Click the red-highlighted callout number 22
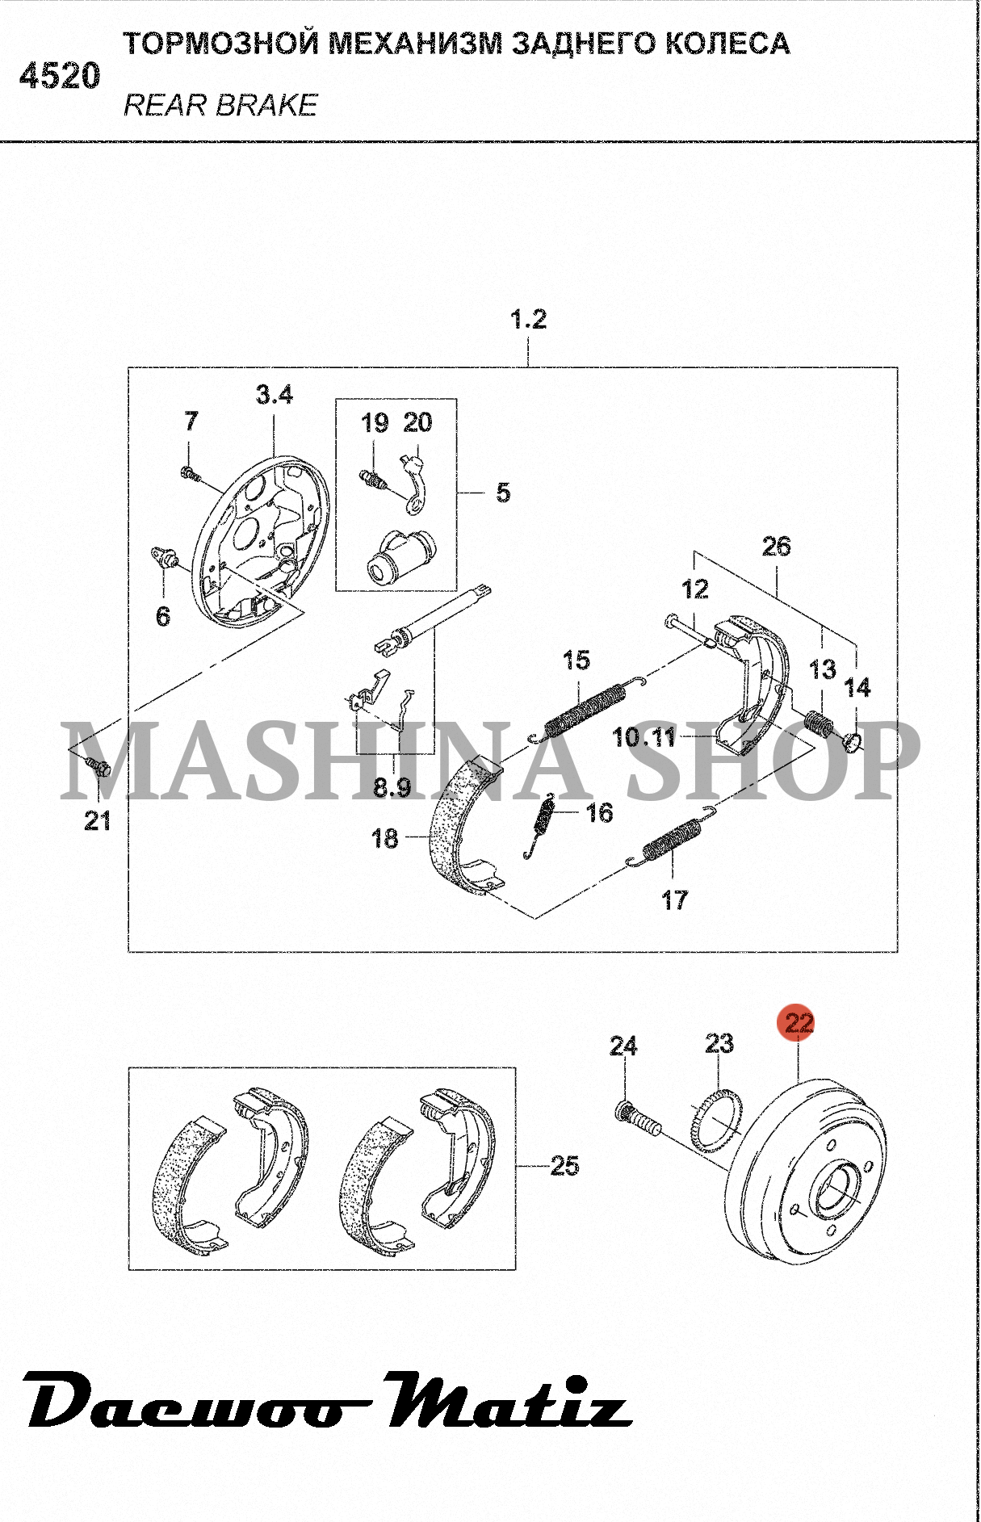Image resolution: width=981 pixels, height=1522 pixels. pyautogui.click(x=799, y=1024)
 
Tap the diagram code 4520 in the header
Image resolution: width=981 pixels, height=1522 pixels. pyautogui.click(x=60, y=77)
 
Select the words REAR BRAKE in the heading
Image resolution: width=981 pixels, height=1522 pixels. pyautogui.click(x=220, y=105)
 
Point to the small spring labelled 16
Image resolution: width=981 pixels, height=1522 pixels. pyautogui.click(x=544, y=823)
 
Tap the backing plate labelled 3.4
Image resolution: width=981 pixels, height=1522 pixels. pyautogui.click(x=261, y=542)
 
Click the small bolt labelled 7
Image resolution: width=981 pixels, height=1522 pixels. pyautogui.click(x=191, y=472)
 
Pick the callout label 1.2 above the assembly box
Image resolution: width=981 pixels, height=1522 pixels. pyautogui.click(x=529, y=319)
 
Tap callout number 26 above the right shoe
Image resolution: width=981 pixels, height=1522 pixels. pyautogui.click(x=776, y=546)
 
